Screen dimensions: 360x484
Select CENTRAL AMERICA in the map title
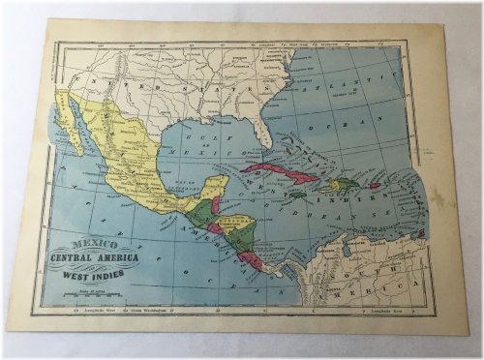[x=93, y=260]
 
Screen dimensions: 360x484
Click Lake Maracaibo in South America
[x=330, y=247]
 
